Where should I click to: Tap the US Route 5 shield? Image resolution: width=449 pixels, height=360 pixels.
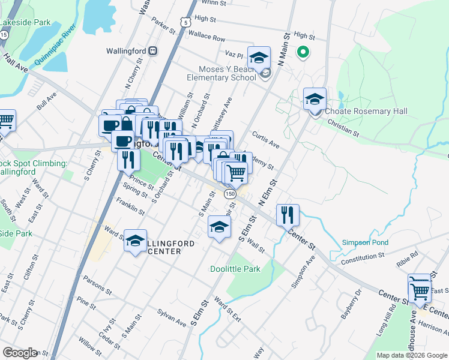pyautogui.click(x=187, y=22)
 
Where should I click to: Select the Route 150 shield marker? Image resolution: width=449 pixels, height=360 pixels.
pyautogui.click(x=229, y=194)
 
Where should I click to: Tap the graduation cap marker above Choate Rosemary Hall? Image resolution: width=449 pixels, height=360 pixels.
pyautogui.click(x=315, y=100)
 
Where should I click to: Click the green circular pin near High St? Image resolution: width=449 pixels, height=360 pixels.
pyautogui.click(x=303, y=52)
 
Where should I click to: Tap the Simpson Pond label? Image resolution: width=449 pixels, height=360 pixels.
pyautogui.click(x=365, y=242)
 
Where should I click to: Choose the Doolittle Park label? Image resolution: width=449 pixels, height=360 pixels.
pyautogui.click(x=235, y=269)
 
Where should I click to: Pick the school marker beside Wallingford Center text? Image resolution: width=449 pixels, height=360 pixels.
pyautogui.click(x=135, y=241)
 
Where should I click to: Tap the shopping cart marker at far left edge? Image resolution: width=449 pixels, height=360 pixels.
pyautogui.click(x=5, y=121)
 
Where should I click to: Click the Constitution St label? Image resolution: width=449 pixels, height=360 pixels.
pyautogui.click(x=362, y=258)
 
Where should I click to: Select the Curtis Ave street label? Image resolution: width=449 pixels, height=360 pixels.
pyautogui.click(x=267, y=140)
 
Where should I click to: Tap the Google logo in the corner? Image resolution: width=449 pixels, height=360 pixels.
pyautogui.click(x=19, y=353)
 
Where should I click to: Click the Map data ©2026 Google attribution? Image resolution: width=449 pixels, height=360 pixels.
pyautogui.click(x=411, y=355)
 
